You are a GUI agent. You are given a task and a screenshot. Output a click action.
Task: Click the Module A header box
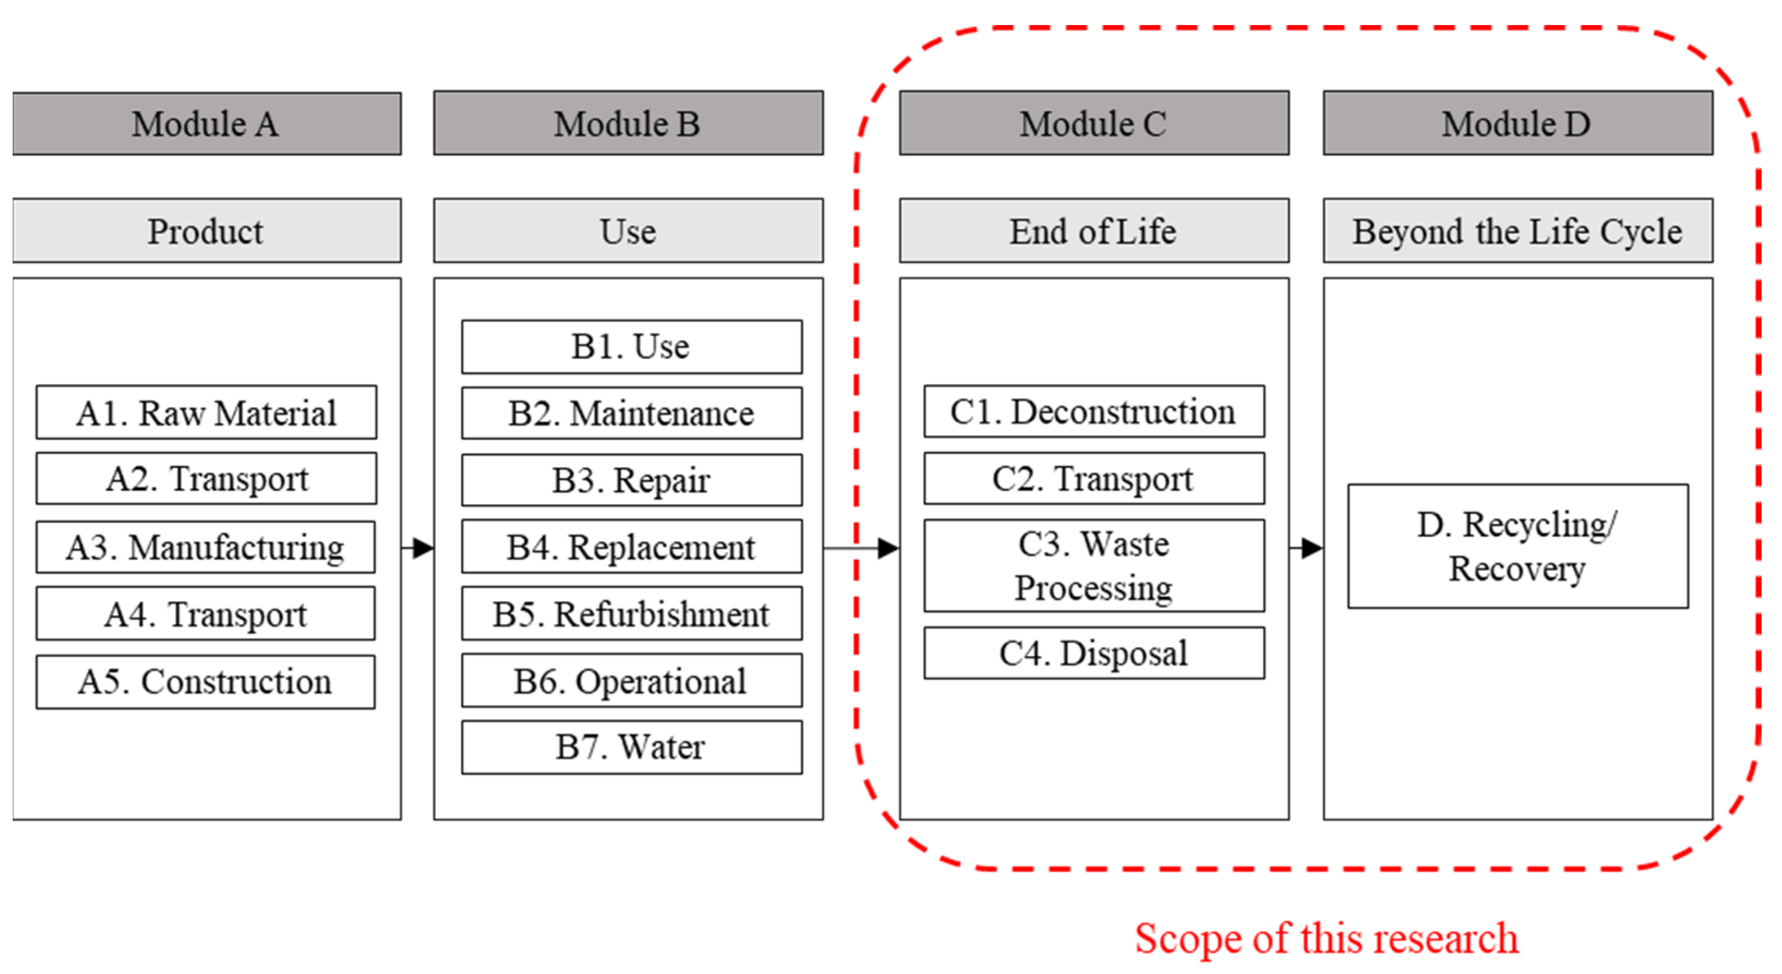[206, 123]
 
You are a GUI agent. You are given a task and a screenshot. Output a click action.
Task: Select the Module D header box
[1517, 123]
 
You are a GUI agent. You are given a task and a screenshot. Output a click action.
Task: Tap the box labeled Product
[206, 231]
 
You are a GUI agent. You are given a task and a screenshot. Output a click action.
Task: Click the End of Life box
[1094, 231]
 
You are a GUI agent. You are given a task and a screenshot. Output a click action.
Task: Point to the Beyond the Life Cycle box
[1517, 231]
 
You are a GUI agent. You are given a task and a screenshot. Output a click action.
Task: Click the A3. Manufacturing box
[206, 547]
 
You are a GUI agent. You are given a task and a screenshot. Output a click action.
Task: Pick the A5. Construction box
[206, 681]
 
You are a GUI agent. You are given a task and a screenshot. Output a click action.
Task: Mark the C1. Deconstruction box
[1094, 411]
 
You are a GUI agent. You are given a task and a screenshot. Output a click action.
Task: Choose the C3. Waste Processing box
[1094, 565]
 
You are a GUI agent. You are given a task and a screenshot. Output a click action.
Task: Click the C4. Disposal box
[1094, 652]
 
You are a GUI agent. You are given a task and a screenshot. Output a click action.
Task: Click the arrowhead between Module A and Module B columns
[422, 548]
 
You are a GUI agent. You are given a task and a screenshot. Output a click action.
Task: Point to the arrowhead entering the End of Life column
[887, 548]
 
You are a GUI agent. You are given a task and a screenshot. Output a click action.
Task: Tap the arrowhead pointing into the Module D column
[1311, 548]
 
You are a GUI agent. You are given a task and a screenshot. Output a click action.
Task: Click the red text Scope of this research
[1326, 938]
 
